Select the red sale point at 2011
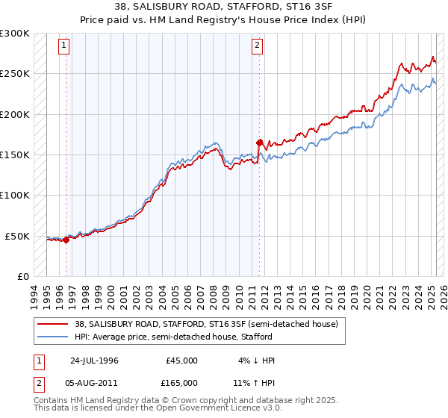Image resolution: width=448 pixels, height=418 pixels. coord(259,142)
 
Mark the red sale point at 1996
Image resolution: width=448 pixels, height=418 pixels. coord(66,240)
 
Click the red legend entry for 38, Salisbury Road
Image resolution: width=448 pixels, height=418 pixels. coord(206,324)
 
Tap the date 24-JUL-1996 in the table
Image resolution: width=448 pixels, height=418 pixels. coord(94,361)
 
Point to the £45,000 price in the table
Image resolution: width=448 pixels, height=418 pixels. coord(182,361)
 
